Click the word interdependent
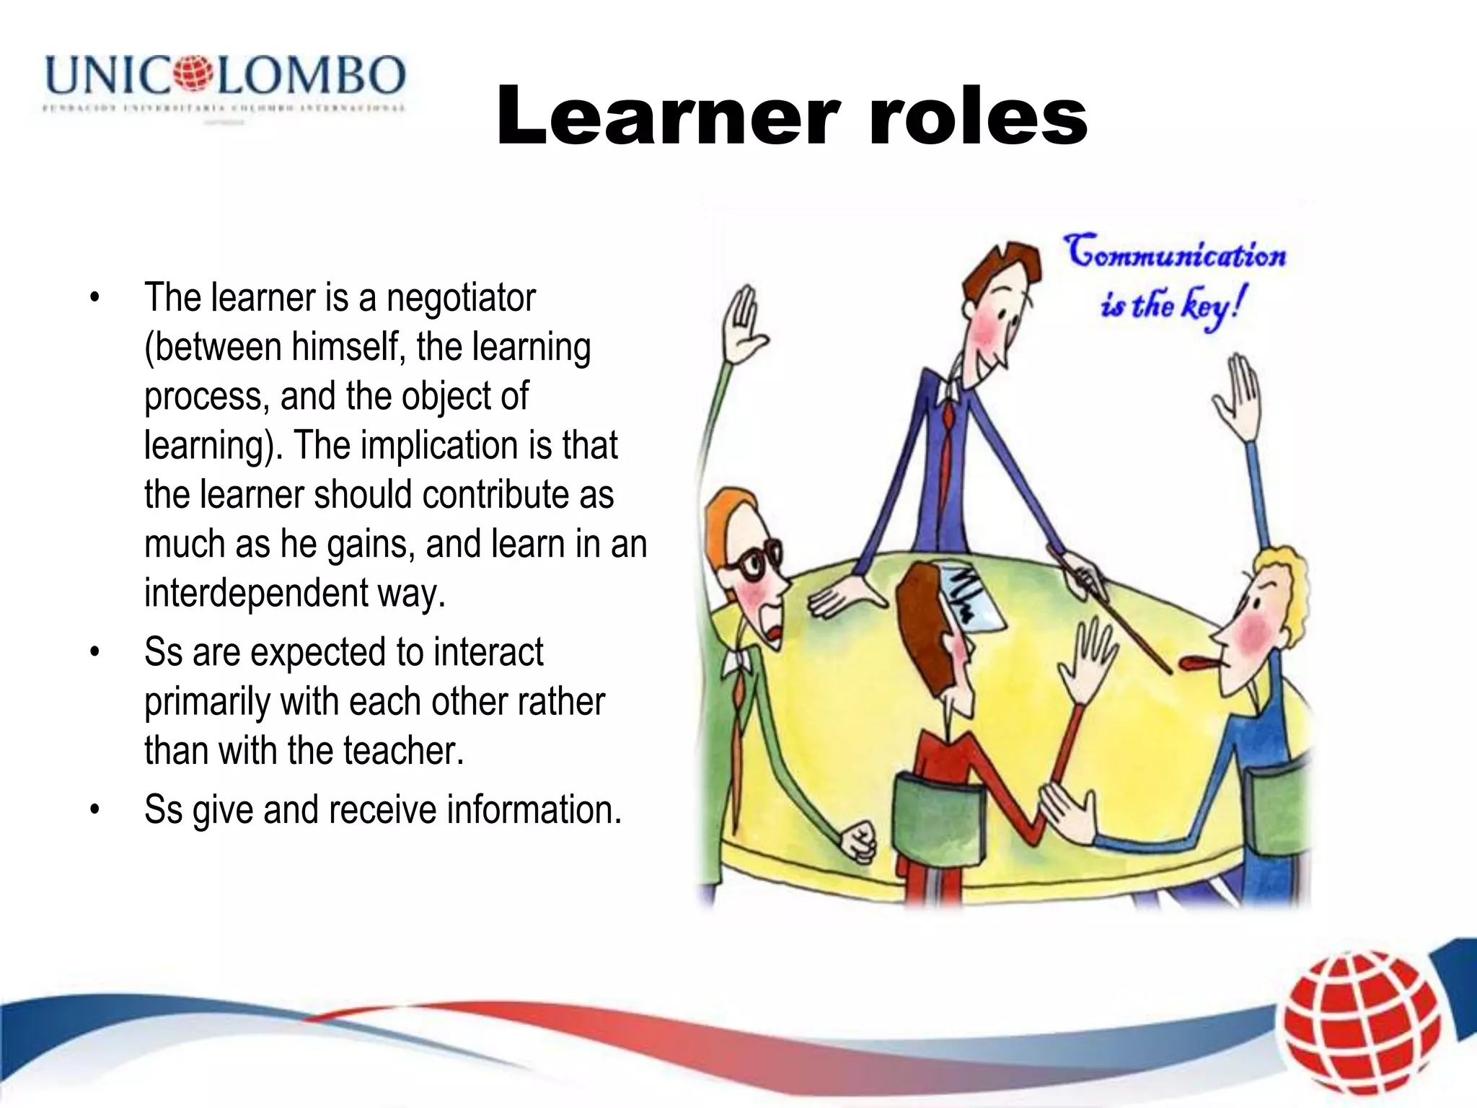point(257,593)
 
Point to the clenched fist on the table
point(858,840)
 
